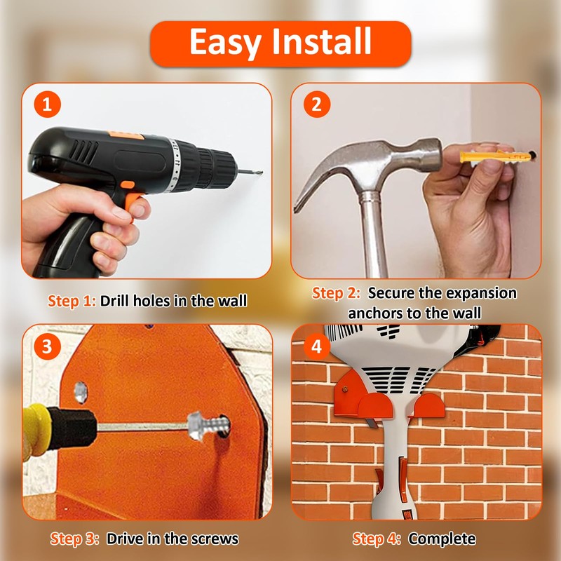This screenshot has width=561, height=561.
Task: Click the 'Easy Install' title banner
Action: tap(280, 43)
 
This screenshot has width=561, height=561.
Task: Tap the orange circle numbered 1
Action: tap(47, 104)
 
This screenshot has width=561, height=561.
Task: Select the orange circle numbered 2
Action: tap(317, 104)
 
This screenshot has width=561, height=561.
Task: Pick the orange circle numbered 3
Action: tap(47, 346)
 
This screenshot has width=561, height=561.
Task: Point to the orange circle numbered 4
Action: tap(317, 346)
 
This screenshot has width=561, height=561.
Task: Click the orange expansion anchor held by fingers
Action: tap(496, 156)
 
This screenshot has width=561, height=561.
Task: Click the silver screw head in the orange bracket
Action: tap(196, 425)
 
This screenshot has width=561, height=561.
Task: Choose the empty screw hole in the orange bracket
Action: tap(81, 393)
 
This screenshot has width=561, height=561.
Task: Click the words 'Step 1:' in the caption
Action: tap(72, 301)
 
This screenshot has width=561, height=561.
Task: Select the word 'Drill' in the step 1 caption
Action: tap(114, 301)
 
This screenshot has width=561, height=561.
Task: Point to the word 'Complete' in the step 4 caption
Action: tap(442, 539)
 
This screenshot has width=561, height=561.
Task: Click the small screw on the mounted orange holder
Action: tap(345, 389)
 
